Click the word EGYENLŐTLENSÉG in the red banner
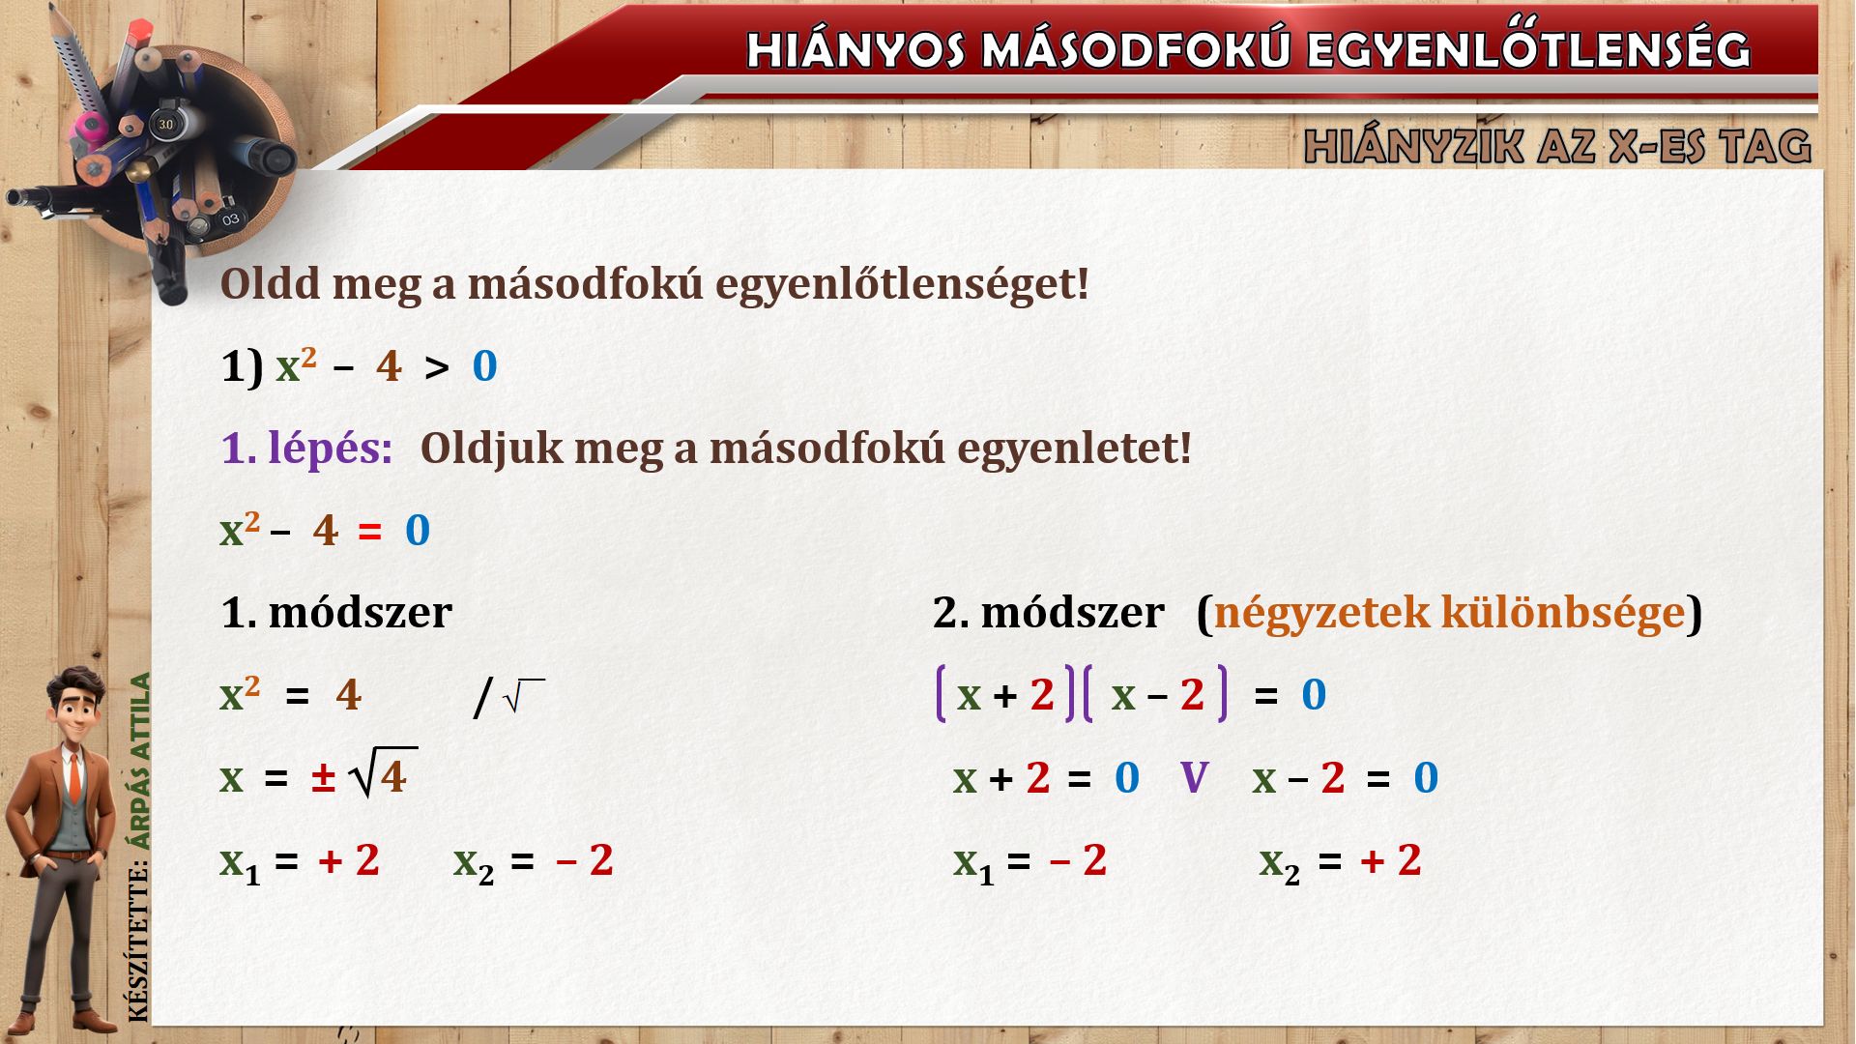[x=1528, y=49]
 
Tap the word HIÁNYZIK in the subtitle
[x=1414, y=146]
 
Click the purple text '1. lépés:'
[x=307, y=449]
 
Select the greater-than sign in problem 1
[x=437, y=368]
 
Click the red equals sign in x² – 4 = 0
[x=370, y=532]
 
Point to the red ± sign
[x=323, y=778]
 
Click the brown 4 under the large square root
[x=393, y=776]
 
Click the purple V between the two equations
[x=1195, y=777]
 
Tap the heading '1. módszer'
[x=336, y=612]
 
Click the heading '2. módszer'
[x=1049, y=612]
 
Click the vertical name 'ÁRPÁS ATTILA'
[x=141, y=762]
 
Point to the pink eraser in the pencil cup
[x=94, y=125]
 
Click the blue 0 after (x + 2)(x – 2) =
[x=1314, y=695]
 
